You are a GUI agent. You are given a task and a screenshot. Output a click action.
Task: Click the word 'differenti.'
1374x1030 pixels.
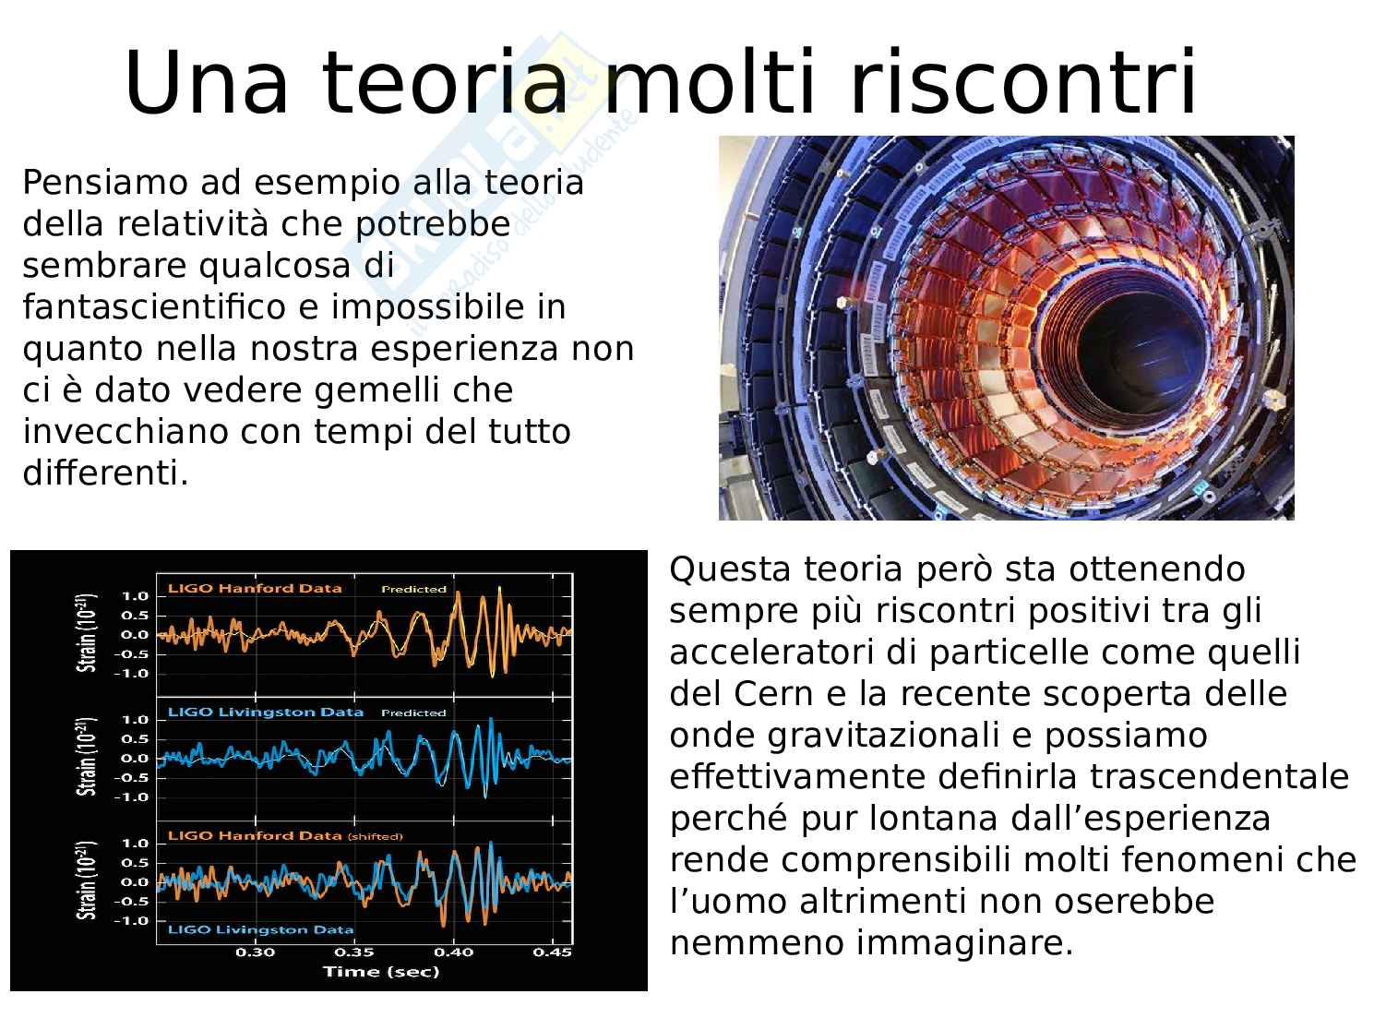pyautogui.click(x=105, y=473)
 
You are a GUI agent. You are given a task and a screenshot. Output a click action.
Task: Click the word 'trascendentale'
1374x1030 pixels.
pyautogui.click(x=1219, y=776)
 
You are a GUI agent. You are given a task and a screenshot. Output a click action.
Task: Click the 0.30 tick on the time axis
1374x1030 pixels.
pyautogui.click(x=256, y=952)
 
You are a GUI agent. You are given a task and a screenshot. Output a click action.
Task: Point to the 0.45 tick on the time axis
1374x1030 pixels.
pyautogui.click(x=552, y=952)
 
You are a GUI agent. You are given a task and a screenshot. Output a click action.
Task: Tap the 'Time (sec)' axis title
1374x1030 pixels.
pyautogui.click(x=381, y=972)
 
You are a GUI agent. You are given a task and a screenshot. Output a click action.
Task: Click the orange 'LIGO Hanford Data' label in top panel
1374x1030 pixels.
pyautogui.click(x=256, y=589)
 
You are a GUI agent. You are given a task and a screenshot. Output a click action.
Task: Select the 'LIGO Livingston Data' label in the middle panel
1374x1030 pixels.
pyautogui.click(x=266, y=712)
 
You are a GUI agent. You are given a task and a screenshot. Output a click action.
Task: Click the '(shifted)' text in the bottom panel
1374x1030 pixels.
pyautogui.click(x=375, y=836)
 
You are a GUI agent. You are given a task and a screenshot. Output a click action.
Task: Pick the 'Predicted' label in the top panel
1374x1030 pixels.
pyautogui.click(x=413, y=589)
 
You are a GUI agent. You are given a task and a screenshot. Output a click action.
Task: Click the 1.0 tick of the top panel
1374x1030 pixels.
pyautogui.click(x=136, y=596)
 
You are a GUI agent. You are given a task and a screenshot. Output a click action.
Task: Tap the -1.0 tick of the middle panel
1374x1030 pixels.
pyautogui.click(x=131, y=797)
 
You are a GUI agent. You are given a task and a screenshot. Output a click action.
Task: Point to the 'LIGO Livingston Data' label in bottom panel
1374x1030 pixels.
pyautogui.click(x=261, y=929)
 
